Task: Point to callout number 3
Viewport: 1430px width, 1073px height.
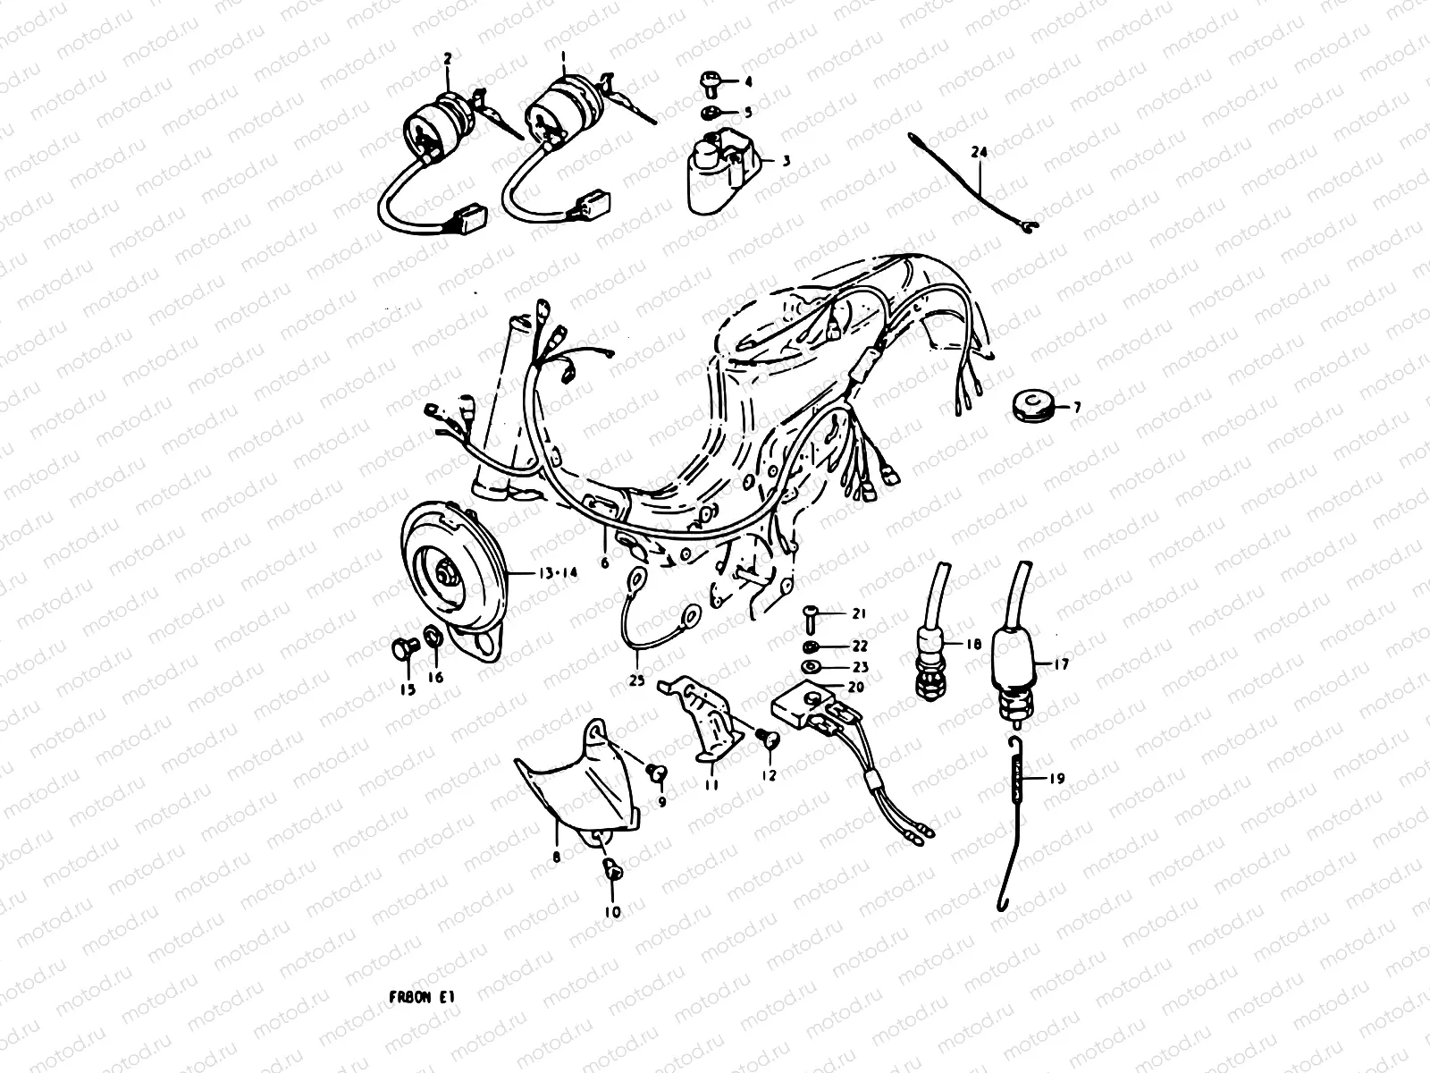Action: click(x=786, y=161)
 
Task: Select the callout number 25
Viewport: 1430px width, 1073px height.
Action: click(x=636, y=680)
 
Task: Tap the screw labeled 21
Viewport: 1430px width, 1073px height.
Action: click(x=811, y=613)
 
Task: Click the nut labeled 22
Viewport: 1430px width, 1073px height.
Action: click(x=810, y=646)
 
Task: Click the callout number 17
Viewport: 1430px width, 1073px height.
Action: click(x=1062, y=664)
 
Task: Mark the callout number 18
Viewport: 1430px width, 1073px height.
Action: click(x=973, y=643)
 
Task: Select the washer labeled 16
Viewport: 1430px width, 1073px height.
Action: click(x=431, y=638)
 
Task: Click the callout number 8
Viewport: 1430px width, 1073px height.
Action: click(x=557, y=857)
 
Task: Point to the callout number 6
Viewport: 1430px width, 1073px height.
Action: click(x=604, y=562)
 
